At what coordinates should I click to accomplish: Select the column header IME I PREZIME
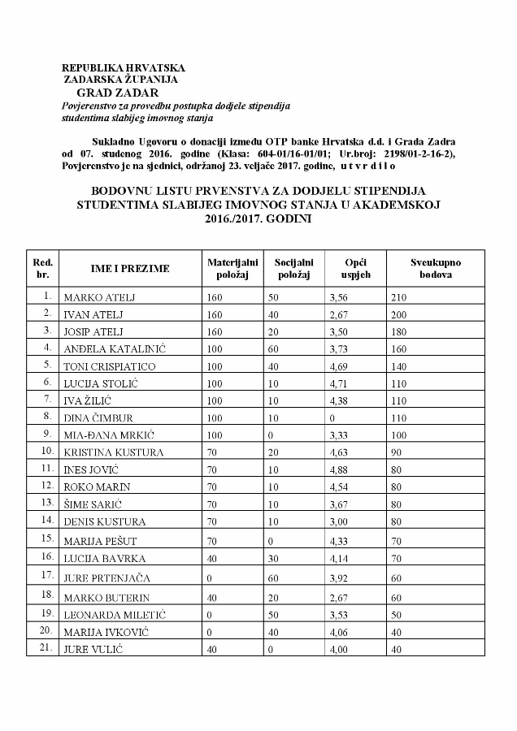[130, 269]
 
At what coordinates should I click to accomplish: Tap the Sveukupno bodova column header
[436, 269]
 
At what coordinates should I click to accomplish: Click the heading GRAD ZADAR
[116, 93]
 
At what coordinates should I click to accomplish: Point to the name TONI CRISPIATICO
[109, 366]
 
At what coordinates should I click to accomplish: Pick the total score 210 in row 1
[398, 297]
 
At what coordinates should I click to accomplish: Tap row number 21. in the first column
[48, 647]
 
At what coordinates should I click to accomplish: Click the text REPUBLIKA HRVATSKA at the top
[124, 68]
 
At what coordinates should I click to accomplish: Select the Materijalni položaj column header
[232, 269]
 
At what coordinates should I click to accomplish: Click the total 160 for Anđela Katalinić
[398, 349]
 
